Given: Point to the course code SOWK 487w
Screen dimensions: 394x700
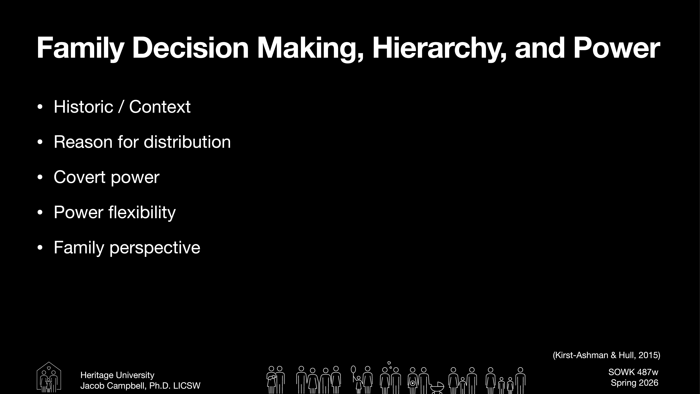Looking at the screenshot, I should pyautogui.click(x=633, y=372).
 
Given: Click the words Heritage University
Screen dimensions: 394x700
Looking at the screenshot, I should pyautogui.click(x=117, y=375).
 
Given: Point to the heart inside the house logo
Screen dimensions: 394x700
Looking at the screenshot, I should pyautogui.click(x=49, y=368).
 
